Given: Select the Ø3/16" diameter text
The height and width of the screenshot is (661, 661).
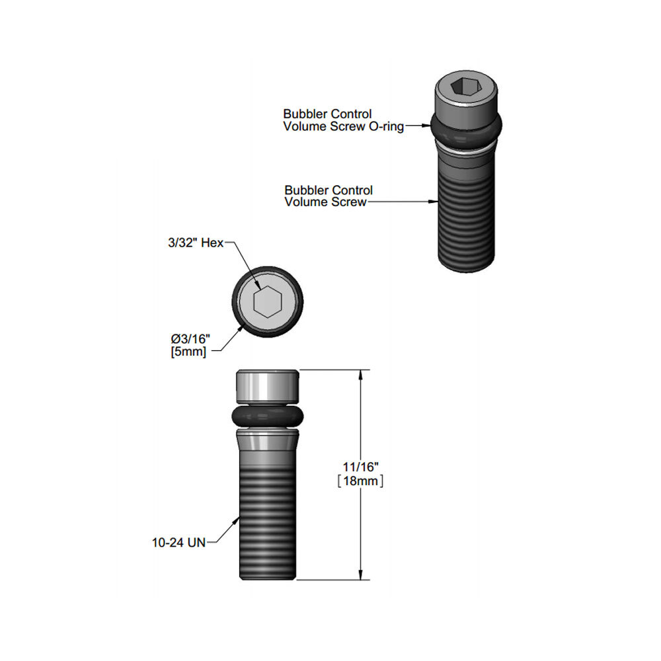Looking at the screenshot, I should tap(190, 340).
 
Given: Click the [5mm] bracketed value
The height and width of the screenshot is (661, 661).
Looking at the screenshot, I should tap(189, 352).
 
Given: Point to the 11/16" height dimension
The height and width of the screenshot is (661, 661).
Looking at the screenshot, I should tap(360, 468).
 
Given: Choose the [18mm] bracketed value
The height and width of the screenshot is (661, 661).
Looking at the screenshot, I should tap(360, 481).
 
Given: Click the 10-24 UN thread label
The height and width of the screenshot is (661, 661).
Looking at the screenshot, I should tap(178, 543).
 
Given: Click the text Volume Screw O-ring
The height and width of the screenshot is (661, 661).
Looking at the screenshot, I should tap(343, 126).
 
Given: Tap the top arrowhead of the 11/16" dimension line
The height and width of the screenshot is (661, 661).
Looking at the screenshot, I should tap(361, 375).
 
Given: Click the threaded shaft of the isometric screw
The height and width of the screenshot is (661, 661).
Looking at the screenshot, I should tap(467, 218).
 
